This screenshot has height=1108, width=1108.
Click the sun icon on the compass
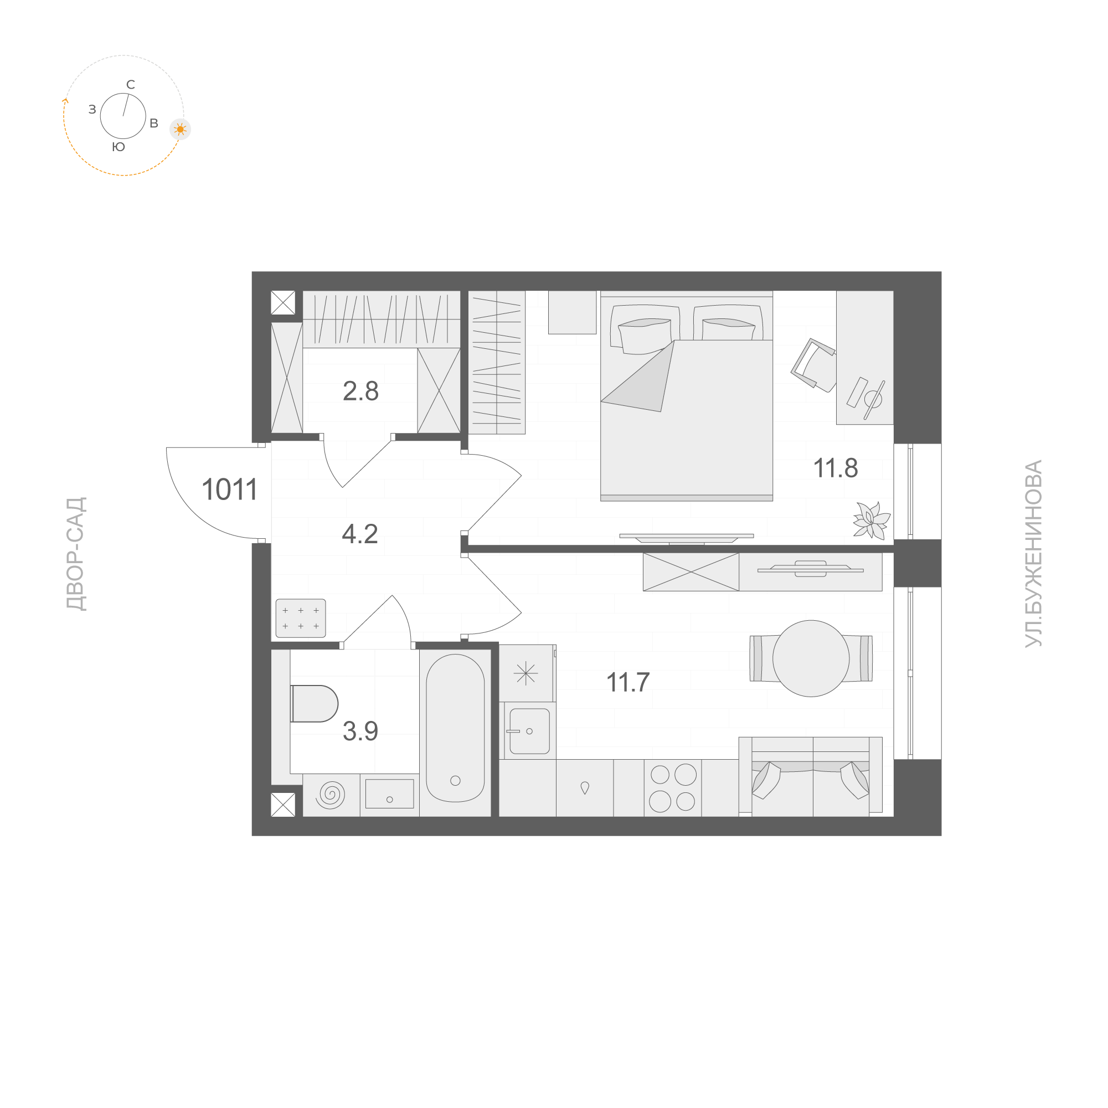(x=180, y=130)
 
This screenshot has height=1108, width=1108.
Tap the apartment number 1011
(x=229, y=489)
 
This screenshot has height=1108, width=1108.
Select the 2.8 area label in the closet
(x=360, y=391)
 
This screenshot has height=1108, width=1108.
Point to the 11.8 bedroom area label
(x=836, y=468)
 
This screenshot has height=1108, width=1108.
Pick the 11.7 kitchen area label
(x=628, y=682)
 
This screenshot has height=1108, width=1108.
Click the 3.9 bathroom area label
(x=360, y=731)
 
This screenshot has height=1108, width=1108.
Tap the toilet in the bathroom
(x=314, y=704)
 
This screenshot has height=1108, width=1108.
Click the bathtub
(x=455, y=728)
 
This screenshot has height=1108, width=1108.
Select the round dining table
(x=811, y=658)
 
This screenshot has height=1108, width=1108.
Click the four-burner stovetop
(x=673, y=788)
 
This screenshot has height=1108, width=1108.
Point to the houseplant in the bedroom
(x=871, y=520)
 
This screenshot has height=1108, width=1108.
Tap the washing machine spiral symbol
(x=331, y=795)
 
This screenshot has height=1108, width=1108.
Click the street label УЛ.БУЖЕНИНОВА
(x=1033, y=554)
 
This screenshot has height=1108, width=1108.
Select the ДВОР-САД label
(x=76, y=554)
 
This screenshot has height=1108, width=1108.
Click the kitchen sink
(x=529, y=731)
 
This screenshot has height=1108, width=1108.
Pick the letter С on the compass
(x=131, y=85)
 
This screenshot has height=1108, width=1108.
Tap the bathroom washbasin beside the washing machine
(x=389, y=793)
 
